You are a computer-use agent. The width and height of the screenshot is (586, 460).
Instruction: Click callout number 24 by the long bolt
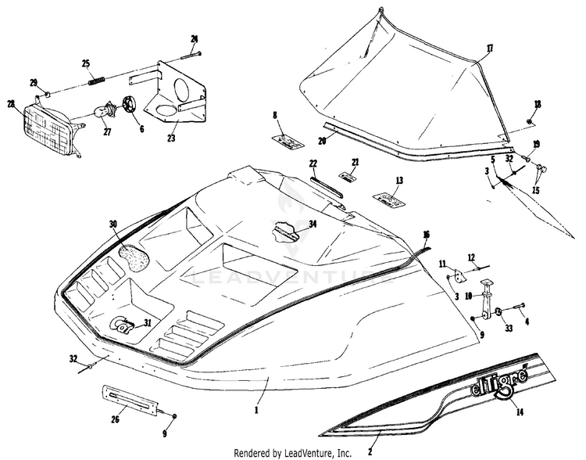(x=195, y=38)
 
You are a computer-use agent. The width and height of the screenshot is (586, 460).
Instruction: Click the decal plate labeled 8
(x=287, y=141)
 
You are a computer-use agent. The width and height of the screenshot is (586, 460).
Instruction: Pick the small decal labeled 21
(x=347, y=177)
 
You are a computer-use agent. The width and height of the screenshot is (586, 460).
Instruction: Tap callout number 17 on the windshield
(x=489, y=49)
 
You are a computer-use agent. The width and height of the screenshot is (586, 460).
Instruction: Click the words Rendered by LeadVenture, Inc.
(x=293, y=453)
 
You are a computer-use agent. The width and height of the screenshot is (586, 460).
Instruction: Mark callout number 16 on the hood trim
(x=425, y=235)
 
